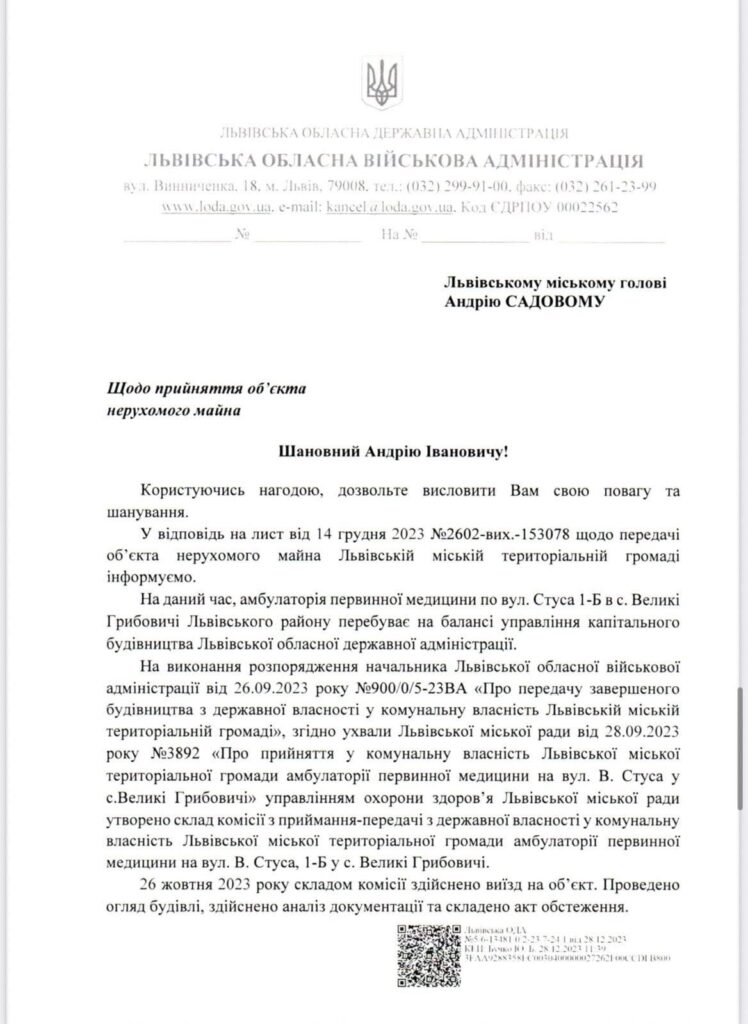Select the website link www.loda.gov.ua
217,207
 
